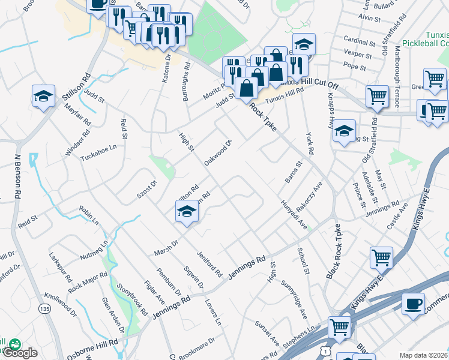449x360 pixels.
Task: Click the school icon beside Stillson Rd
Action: (43, 96)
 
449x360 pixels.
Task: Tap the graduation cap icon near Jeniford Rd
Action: (187, 212)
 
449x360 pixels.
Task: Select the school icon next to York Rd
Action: (343, 131)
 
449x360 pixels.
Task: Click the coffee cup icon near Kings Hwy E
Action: (412, 304)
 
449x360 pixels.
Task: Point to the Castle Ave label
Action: (397, 216)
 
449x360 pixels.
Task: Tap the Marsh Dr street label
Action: (167, 248)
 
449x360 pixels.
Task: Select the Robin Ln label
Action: (89, 214)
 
